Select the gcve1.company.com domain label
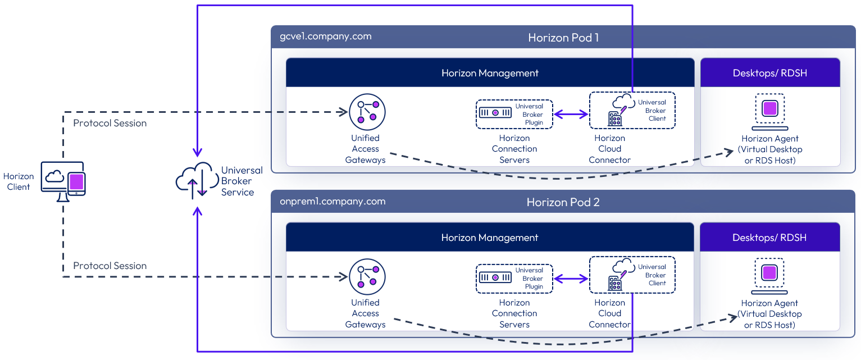point(325,37)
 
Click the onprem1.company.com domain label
point(332,201)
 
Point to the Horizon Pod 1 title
point(563,38)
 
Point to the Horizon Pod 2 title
point(563,202)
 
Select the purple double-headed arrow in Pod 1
point(571,114)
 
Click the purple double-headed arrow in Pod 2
point(571,279)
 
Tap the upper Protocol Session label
point(110,123)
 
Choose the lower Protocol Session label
point(110,266)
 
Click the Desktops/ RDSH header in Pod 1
point(769,73)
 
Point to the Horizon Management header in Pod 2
point(490,238)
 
